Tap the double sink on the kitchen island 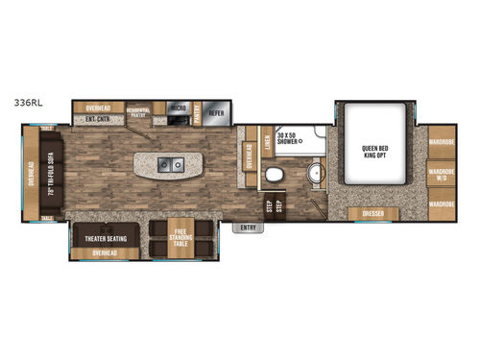(x=171, y=165)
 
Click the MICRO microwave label (x=178, y=107)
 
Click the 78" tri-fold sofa (x=52, y=174)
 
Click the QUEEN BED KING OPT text (x=374, y=152)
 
